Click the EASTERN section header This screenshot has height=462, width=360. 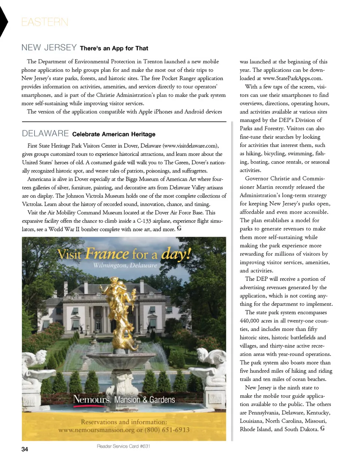45,22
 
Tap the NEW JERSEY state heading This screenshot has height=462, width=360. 49,48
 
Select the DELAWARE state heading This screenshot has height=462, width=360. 45,133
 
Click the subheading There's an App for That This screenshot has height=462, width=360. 114,48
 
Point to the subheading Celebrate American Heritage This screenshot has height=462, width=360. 113,134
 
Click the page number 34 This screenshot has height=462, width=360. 25,449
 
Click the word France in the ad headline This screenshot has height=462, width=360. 106,255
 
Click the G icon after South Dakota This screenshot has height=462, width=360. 322,428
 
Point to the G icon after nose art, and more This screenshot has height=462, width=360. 179,228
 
